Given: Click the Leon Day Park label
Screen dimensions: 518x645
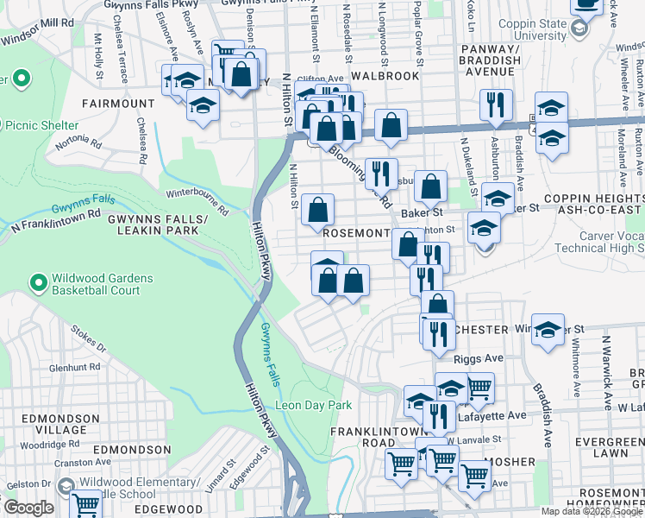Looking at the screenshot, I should tap(314, 405).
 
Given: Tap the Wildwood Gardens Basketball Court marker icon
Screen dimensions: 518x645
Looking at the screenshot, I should tap(38, 283).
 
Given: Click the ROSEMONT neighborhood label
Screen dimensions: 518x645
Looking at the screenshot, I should tap(355, 233).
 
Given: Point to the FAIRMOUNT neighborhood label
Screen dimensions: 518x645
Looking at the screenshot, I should tap(117, 104).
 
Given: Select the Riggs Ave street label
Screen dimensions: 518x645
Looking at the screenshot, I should tap(480, 357).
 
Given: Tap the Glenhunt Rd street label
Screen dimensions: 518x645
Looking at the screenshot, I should tap(76, 366).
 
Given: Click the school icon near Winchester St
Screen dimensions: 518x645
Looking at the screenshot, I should tap(548, 330).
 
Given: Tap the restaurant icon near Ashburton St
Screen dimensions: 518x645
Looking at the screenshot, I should tap(496, 105).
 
